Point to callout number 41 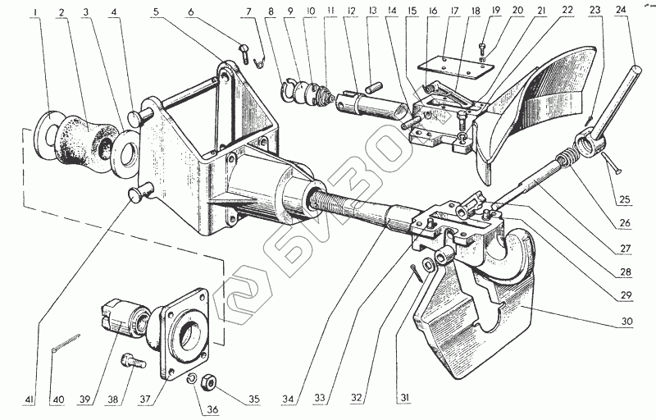[x=30, y=399]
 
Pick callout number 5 [x=156, y=13]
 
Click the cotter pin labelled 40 [x=66, y=343]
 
